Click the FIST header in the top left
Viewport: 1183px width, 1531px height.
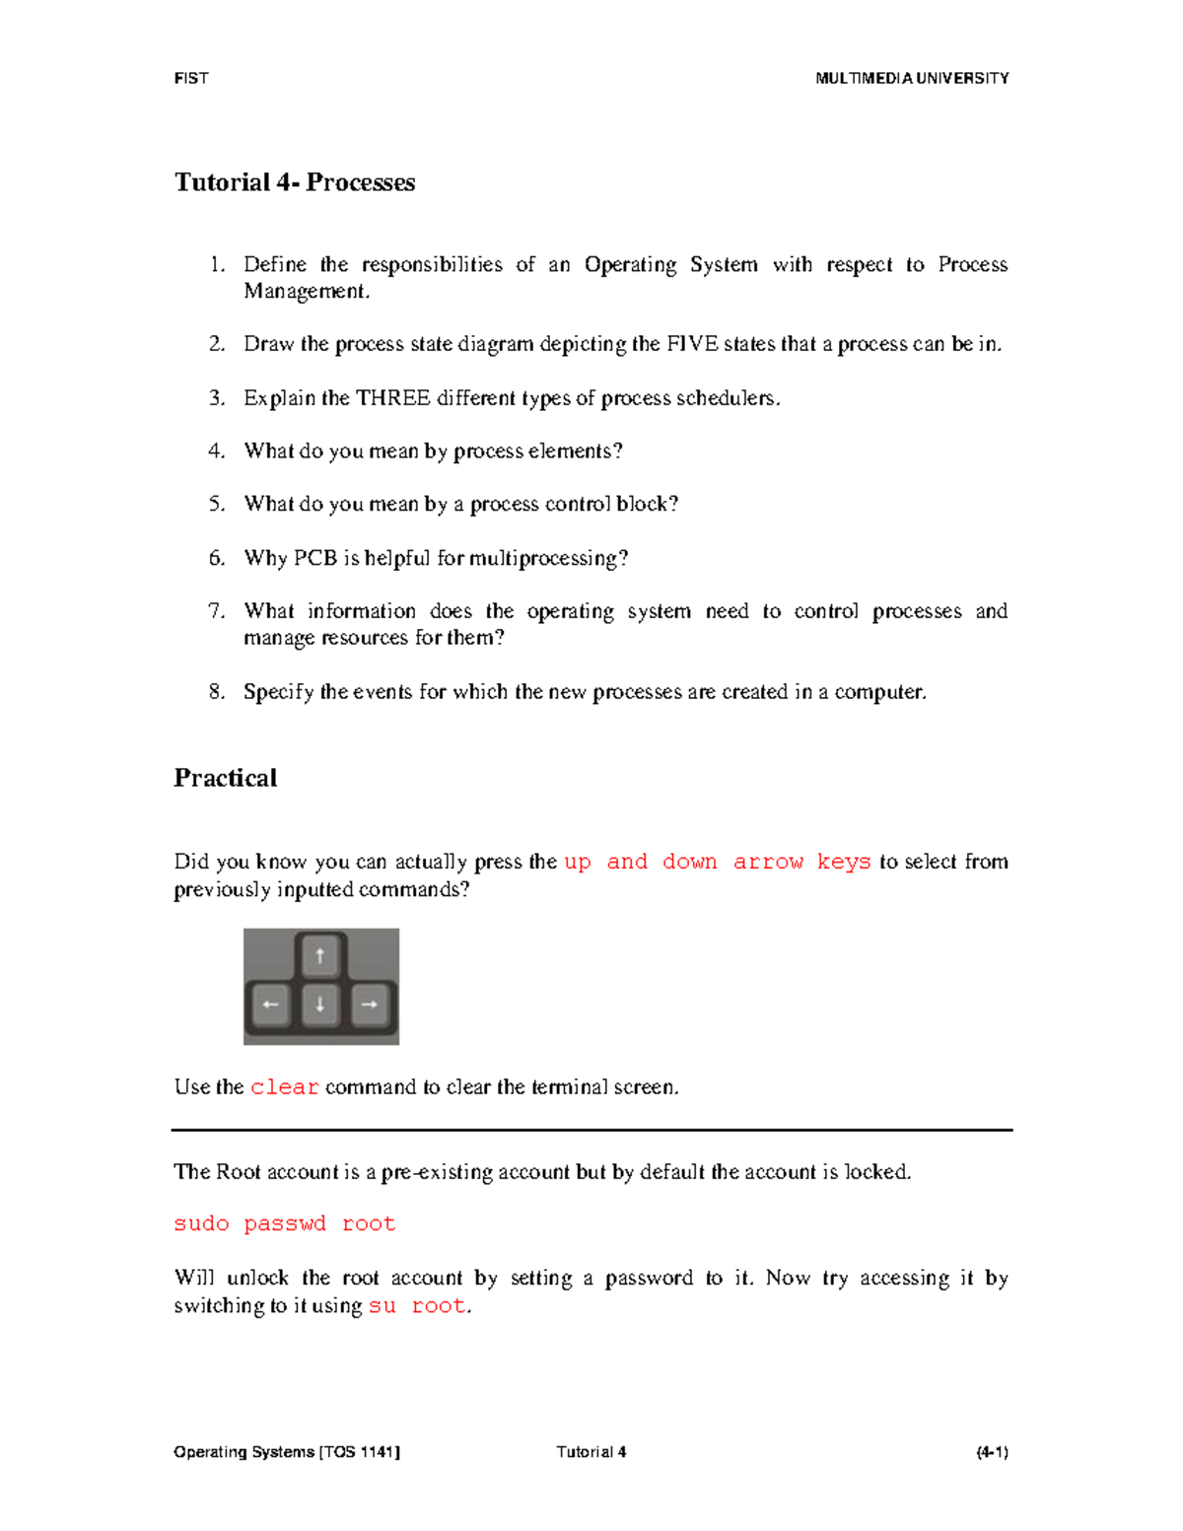pyautogui.click(x=190, y=79)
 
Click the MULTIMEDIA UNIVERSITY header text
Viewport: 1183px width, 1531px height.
pyautogui.click(x=911, y=79)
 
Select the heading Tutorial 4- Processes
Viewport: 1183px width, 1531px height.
pyautogui.click(x=295, y=182)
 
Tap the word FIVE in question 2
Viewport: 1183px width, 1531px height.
pyautogui.click(x=692, y=344)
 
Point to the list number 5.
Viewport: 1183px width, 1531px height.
pyautogui.click(x=217, y=504)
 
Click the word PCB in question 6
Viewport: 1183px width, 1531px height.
pyautogui.click(x=315, y=558)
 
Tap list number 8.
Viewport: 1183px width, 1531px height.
pyautogui.click(x=217, y=692)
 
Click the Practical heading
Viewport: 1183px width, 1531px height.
pyautogui.click(x=225, y=778)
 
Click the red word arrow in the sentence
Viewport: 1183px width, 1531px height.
pyautogui.click(x=768, y=863)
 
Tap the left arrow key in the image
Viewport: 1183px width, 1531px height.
pyautogui.click(x=270, y=1005)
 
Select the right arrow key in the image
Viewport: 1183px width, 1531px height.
pyautogui.click(x=370, y=1005)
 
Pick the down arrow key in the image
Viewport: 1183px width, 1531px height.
pyautogui.click(x=319, y=1005)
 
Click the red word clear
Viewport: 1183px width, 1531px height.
pyautogui.click(x=284, y=1087)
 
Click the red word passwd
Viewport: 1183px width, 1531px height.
pyautogui.click(x=284, y=1224)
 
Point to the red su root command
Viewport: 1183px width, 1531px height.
pyautogui.click(x=416, y=1306)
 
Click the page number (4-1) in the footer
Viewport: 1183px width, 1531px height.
pyautogui.click(x=991, y=1452)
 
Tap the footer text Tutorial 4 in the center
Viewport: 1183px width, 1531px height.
pyautogui.click(x=591, y=1452)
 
